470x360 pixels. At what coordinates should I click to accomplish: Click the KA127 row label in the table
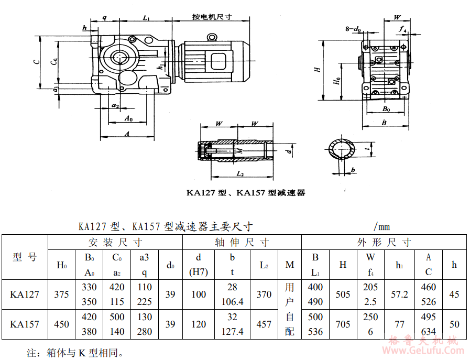coord(25,294)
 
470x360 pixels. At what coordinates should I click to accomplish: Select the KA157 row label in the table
coord(25,324)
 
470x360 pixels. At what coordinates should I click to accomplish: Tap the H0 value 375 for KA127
coord(61,294)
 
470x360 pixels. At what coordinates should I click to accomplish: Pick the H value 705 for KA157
coord(343,324)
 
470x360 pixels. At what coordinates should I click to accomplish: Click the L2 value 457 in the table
coord(264,324)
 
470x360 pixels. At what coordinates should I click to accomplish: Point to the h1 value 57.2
coord(399,294)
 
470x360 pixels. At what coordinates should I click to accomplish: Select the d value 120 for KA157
coord(199,324)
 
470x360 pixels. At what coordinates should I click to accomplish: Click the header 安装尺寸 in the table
coord(115,243)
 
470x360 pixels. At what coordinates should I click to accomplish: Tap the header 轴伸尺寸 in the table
coord(242,243)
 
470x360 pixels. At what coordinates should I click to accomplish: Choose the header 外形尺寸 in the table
coord(384,243)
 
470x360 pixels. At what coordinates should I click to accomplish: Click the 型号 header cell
coord(25,257)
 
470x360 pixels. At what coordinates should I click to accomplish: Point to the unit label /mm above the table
coord(382,227)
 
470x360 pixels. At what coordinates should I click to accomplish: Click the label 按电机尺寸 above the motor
coord(212,17)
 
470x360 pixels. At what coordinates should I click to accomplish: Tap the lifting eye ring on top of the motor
coord(212,37)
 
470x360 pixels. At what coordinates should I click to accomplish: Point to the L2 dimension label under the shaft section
coord(240,173)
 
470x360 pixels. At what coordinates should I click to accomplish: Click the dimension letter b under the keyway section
coord(354,170)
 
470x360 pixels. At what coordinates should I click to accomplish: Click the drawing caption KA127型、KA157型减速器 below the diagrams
coord(246,193)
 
